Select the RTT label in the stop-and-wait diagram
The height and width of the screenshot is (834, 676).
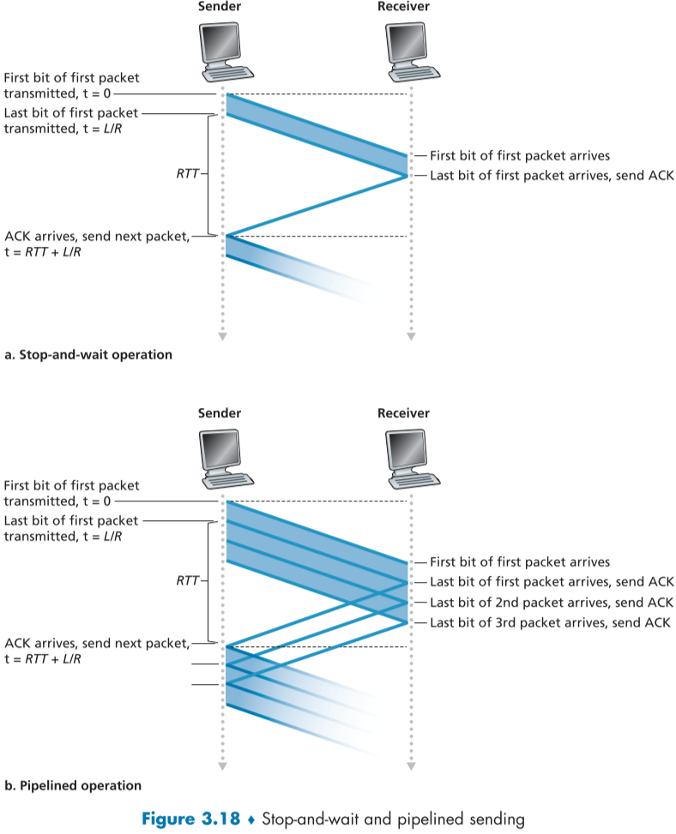[186, 173]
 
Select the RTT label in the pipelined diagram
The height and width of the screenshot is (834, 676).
[186, 581]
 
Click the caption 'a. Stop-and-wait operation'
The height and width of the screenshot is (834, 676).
[89, 353]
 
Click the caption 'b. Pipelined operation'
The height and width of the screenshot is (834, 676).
[73, 785]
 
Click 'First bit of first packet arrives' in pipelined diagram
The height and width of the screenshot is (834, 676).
[520, 562]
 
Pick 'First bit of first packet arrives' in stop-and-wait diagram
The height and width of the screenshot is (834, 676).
[520, 156]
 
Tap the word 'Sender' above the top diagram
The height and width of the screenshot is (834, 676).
[220, 7]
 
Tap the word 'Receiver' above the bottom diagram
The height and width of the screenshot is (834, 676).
[403, 413]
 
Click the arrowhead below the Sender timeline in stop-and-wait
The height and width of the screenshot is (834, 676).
[222, 336]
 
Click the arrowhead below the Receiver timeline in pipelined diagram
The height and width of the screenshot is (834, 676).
[411, 765]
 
